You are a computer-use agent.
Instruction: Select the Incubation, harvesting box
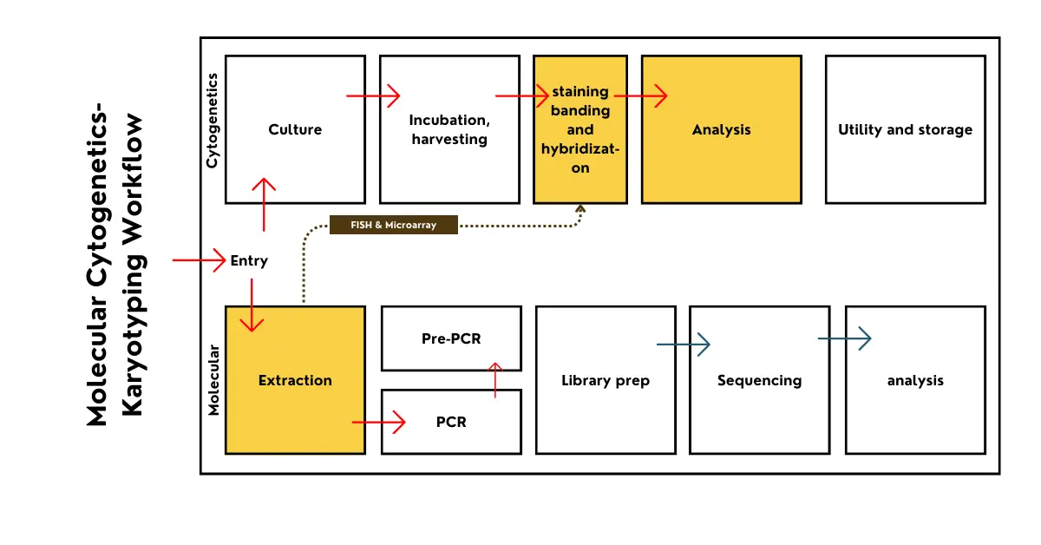(x=449, y=165)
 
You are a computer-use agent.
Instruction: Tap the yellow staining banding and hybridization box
(x=580, y=130)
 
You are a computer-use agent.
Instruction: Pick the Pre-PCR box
(x=451, y=338)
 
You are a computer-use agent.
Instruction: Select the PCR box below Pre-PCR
(x=451, y=423)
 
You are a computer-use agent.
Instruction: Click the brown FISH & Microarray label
(x=394, y=226)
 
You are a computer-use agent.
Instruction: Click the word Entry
(x=249, y=260)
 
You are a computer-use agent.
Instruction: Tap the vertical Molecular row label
(x=214, y=380)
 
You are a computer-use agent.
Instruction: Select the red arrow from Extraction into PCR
(x=379, y=423)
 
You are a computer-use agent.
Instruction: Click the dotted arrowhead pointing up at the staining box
(x=580, y=210)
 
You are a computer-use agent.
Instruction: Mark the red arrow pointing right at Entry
(x=199, y=260)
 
